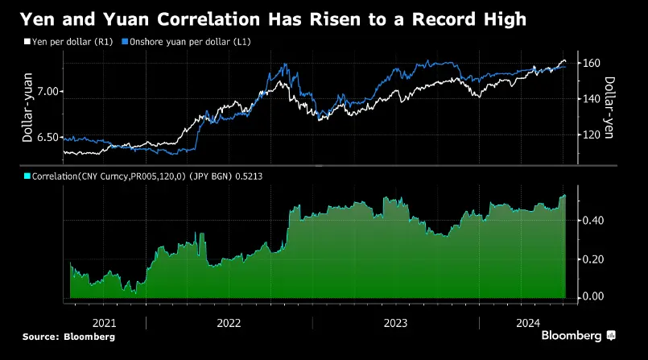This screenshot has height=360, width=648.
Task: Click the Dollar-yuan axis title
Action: pos(27,114)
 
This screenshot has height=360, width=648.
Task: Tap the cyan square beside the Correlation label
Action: pos(26,175)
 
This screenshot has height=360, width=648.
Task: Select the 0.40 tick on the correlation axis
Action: pos(592,221)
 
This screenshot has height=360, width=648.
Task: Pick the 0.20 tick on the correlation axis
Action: pos(592,259)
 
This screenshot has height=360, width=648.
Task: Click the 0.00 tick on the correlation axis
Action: pos(592,297)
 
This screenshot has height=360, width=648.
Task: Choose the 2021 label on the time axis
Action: pos(105,323)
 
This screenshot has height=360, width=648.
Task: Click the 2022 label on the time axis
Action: pos(229,323)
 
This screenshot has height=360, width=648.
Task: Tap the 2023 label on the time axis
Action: pos(395,323)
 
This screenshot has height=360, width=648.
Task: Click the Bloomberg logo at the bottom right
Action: pos(578,335)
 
